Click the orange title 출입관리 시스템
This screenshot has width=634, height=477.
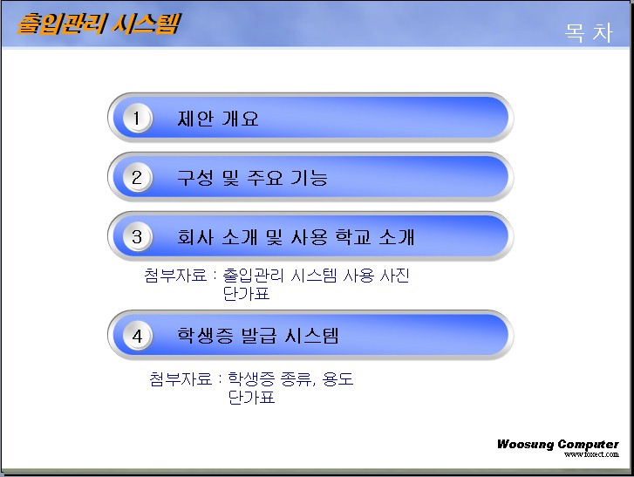point(99,24)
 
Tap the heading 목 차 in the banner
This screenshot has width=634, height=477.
point(589,33)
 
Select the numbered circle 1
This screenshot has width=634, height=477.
point(137,118)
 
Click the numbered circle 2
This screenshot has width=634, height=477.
point(137,178)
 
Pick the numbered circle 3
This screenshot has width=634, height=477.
point(137,237)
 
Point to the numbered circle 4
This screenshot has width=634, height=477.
point(137,336)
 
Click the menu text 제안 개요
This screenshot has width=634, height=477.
point(217,119)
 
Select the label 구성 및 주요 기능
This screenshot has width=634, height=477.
point(252,178)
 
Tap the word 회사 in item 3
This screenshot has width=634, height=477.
point(194,237)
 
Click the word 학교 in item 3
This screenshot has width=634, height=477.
point(353,237)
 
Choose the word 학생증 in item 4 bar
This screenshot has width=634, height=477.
point(205,336)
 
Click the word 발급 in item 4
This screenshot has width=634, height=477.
point(259,336)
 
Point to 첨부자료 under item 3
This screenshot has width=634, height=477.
point(175,276)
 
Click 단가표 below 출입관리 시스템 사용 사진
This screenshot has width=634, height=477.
point(246,294)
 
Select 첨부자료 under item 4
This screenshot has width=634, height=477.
point(181,378)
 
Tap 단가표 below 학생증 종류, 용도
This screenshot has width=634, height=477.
point(251,397)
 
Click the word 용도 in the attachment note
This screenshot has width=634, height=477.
point(337,378)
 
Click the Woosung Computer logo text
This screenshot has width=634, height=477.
point(557,444)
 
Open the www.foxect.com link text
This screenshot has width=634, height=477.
point(591,454)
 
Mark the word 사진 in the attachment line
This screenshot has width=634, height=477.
point(395,276)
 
